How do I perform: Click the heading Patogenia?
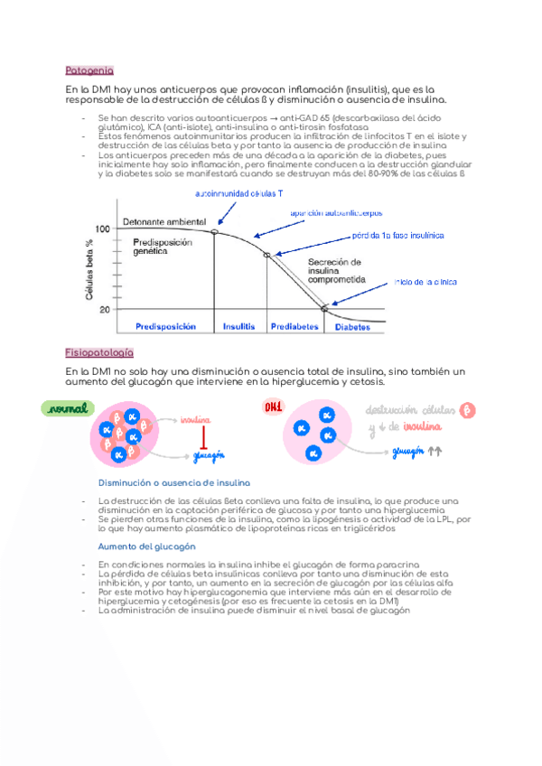(89, 70)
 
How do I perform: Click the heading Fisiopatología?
(99, 352)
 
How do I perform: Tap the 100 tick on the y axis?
(102, 229)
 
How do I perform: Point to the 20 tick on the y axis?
(105, 310)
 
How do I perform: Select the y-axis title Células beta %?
(89, 269)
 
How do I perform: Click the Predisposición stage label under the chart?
(164, 327)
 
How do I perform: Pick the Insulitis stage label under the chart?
(239, 327)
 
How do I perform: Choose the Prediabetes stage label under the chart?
(294, 327)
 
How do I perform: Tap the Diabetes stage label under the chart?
(352, 327)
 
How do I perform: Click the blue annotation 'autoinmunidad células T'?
(238, 194)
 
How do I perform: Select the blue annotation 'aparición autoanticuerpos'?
(336, 213)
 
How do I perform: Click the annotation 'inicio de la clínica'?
(425, 282)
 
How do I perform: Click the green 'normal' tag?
(69, 409)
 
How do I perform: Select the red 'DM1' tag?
(272, 406)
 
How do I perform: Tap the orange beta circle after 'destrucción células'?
(468, 410)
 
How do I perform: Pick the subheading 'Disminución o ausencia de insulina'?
(173, 483)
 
